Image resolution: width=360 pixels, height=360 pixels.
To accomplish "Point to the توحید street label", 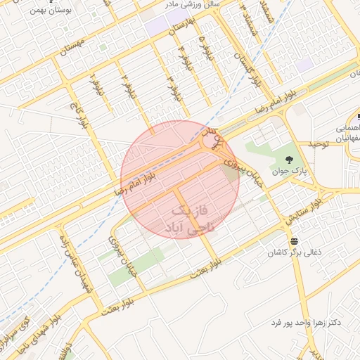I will tap(316, 144).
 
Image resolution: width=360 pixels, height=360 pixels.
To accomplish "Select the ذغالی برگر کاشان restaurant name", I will tap(296, 251).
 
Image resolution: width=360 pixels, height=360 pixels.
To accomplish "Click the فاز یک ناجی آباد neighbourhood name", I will tap(190, 219).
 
